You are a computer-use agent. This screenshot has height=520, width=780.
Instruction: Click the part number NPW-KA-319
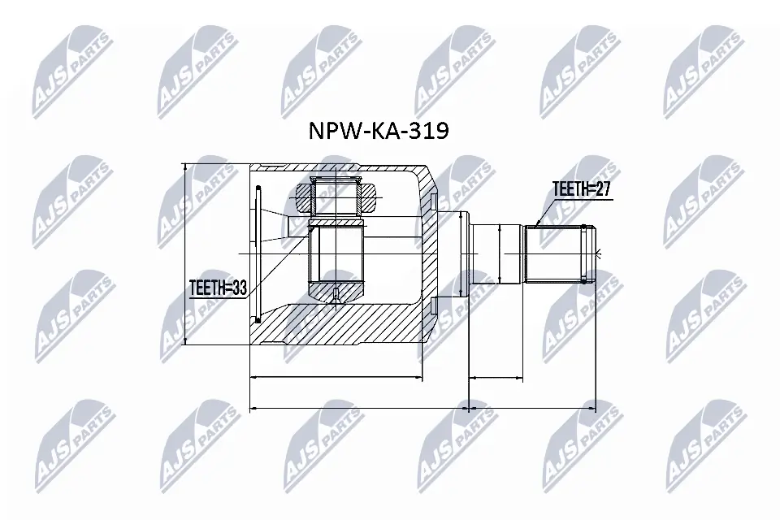click(x=377, y=132)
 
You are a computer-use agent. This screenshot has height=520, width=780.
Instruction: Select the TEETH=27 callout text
click(x=581, y=189)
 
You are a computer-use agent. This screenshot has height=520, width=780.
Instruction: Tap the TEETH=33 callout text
click(x=217, y=288)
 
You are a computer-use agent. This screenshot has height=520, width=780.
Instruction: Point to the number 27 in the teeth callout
click(x=601, y=189)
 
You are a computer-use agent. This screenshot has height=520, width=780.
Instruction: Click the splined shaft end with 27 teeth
click(x=561, y=253)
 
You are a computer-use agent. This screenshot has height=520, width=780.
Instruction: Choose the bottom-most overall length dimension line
click(x=422, y=408)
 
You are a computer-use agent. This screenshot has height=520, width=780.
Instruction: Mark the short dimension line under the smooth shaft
click(x=496, y=378)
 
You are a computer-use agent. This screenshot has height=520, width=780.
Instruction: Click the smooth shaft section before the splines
click(x=496, y=253)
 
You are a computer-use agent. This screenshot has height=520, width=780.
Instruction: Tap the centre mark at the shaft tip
click(x=596, y=253)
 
